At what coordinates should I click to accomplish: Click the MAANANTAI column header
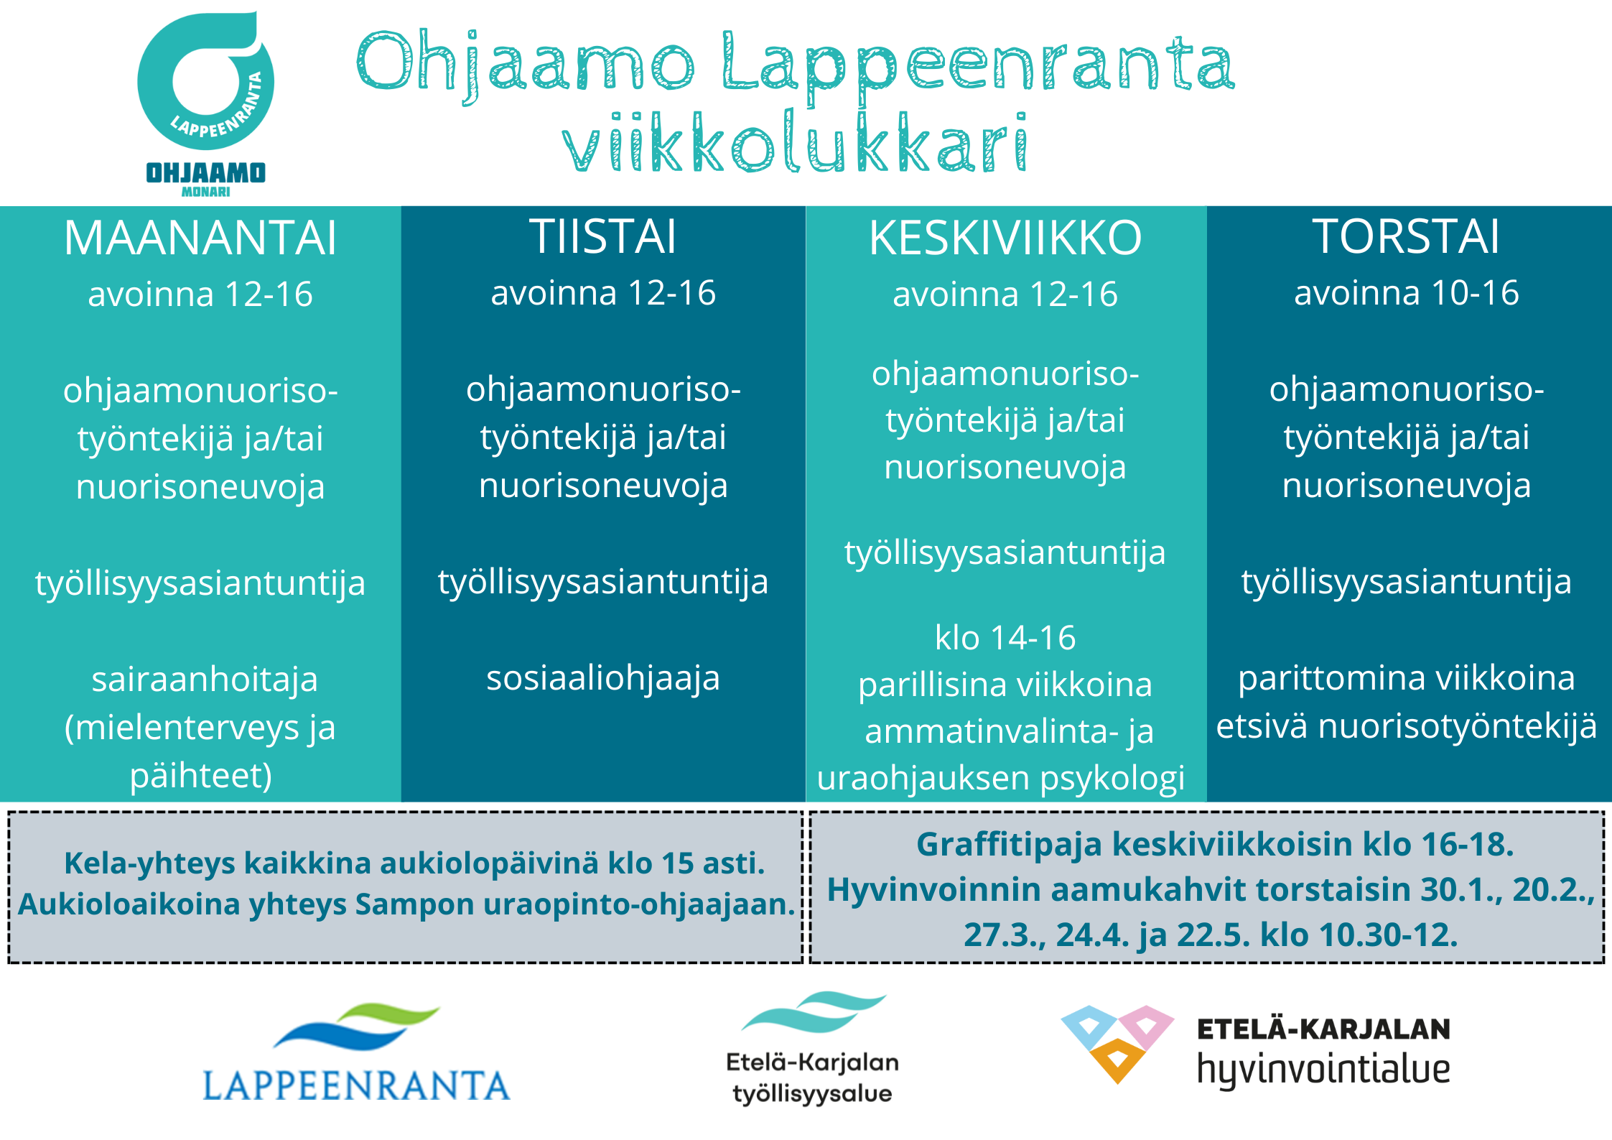point(200,238)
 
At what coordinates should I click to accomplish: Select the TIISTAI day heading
point(603,236)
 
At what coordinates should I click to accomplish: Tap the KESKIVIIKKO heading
point(1005,238)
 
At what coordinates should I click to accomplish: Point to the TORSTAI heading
point(1407,236)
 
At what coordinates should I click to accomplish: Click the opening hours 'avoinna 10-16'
point(1407,293)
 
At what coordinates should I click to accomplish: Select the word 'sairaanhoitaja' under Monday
point(205,680)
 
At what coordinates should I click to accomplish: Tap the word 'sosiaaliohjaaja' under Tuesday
point(603,678)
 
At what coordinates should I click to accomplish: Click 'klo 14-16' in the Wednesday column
point(1005,638)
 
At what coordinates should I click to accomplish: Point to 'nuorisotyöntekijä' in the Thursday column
point(1458,726)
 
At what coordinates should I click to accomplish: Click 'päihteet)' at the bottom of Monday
point(201,776)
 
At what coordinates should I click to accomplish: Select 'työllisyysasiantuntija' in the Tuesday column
point(603,582)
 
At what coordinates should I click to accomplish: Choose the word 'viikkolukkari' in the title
point(796,143)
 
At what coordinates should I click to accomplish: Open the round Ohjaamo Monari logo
point(205,103)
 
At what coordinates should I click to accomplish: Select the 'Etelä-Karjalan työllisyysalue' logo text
point(812,1078)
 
